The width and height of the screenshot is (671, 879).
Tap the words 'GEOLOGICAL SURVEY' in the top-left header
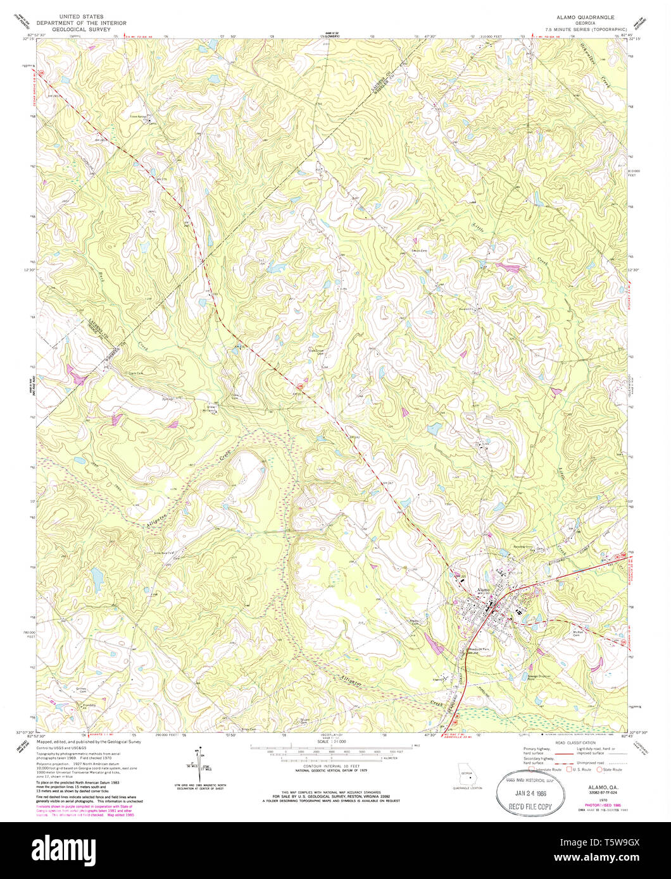pyautogui.click(x=80, y=29)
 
